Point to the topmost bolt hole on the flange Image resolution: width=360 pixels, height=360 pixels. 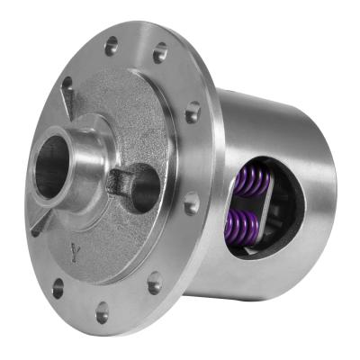[x=112, y=43]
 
